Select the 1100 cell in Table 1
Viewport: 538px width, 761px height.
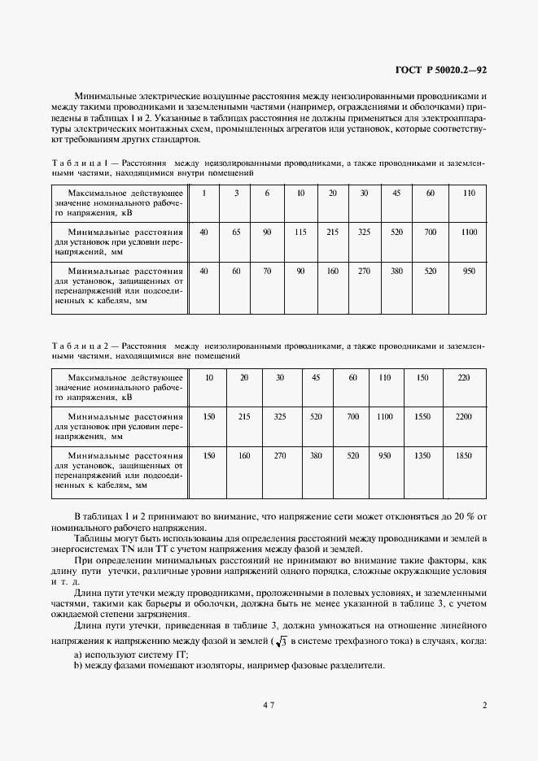(x=468, y=233)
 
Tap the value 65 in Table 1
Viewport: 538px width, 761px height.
(x=236, y=233)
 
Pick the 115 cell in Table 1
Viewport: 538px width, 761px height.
(x=300, y=233)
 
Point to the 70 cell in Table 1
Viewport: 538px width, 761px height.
(x=267, y=271)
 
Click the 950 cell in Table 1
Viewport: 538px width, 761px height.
(x=468, y=271)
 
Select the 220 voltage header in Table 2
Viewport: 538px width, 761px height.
(x=463, y=378)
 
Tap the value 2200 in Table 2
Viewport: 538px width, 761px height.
(x=463, y=416)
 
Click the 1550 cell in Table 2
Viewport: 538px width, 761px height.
(x=422, y=416)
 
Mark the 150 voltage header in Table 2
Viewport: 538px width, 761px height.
(x=422, y=378)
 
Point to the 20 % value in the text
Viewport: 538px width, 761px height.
(x=470, y=517)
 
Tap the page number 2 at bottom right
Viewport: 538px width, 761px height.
(x=483, y=706)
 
